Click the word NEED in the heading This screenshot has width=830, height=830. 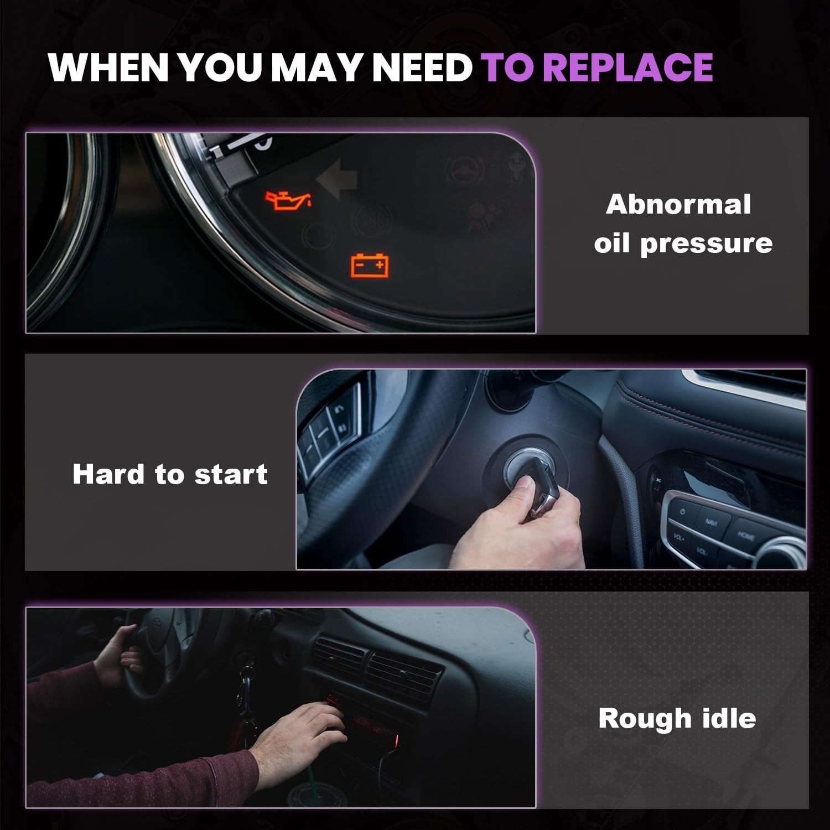(421, 67)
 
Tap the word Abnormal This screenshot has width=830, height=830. (678, 204)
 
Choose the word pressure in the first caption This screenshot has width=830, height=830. (706, 244)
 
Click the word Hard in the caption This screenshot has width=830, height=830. (109, 474)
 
